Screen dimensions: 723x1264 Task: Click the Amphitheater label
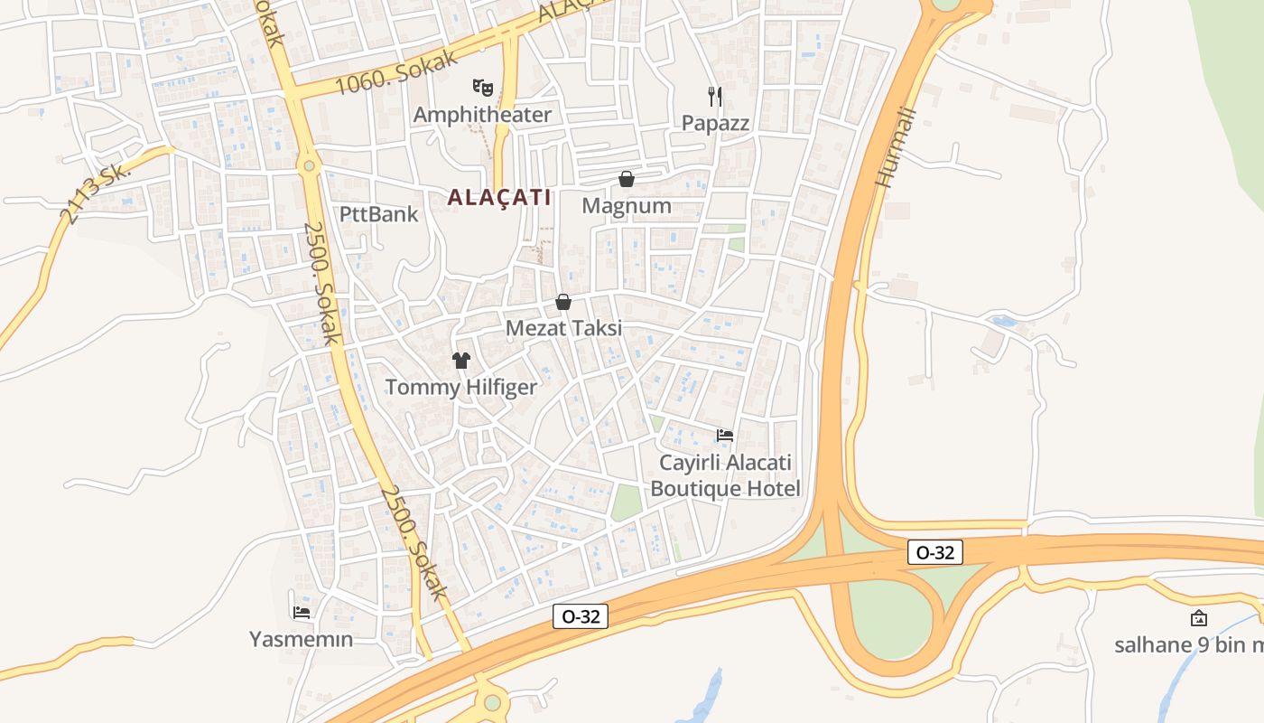tap(482, 115)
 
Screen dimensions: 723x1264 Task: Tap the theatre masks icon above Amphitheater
tap(483, 87)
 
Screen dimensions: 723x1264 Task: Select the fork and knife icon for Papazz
tap(715, 96)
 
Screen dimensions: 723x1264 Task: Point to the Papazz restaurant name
tap(715, 123)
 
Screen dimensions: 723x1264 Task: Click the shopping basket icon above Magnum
tap(627, 179)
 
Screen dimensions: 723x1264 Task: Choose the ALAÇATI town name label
tap(499, 197)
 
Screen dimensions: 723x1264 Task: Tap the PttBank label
tap(379, 214)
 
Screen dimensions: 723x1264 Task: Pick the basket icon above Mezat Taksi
tap(563, 302)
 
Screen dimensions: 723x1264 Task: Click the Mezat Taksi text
tap(563, 328)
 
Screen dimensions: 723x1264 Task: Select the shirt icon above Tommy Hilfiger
tap(461, 361)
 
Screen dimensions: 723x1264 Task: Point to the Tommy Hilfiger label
tap(461, 388)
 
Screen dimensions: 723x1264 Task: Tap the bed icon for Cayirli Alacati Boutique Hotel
tap(724, 436)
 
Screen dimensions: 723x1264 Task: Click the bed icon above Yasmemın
tap(302, 612)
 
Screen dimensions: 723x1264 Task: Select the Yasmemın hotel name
tap(302, 639)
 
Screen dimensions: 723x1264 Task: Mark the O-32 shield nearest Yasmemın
tap(580, 616)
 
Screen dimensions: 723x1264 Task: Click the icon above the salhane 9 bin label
tap(1199, 618)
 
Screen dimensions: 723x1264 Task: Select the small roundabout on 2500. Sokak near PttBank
tap(310, 165)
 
